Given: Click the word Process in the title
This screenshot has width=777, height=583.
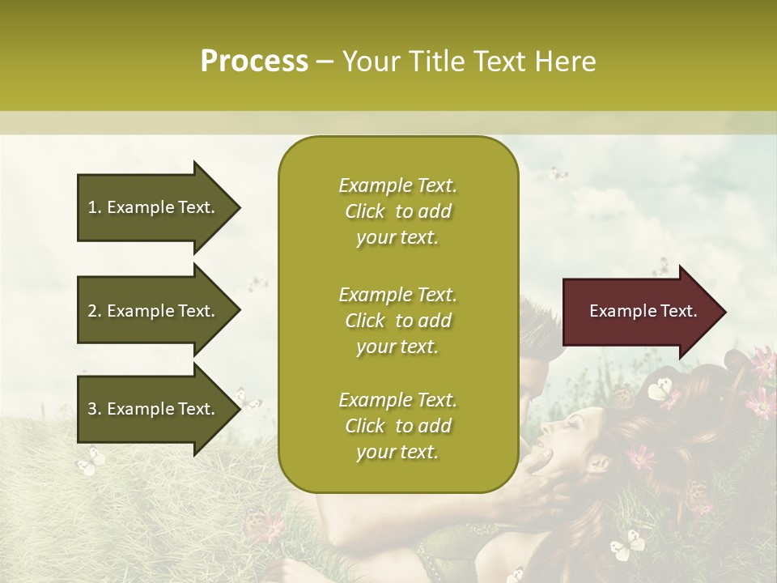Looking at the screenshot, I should (254, 62).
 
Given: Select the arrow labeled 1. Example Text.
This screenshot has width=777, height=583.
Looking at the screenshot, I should (154, 207).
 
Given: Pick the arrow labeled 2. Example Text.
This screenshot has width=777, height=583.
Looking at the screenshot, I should (154, 311).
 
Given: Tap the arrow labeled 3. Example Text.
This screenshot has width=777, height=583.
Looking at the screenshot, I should (154, 409).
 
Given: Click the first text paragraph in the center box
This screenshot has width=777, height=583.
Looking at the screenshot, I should (397, 211).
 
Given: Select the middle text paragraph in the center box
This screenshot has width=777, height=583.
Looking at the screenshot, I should (397, 321).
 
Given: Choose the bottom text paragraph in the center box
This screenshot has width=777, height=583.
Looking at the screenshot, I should (397, 426).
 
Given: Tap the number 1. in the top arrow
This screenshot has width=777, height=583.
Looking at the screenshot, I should (95, 207).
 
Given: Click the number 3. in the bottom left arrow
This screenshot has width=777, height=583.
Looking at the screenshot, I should (95, 409).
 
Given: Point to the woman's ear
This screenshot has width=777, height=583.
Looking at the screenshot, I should (600, 463).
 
